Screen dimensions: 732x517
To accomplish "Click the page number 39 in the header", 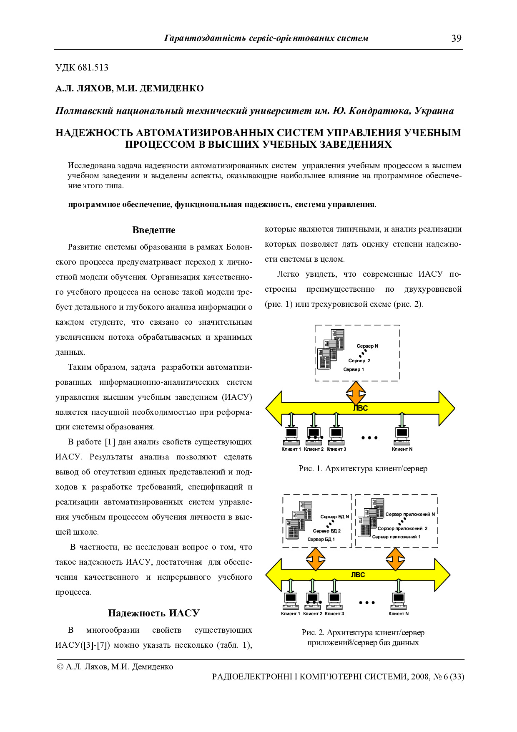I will tap(456, 38).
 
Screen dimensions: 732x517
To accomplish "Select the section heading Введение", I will tap(154, 230).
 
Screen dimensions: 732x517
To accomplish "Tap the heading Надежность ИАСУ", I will tap(154, 613).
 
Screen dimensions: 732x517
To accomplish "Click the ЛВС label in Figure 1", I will tap(360, 408).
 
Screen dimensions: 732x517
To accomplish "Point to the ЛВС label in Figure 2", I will tap(358, 575).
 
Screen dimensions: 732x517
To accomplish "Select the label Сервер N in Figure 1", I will tap(367, 346).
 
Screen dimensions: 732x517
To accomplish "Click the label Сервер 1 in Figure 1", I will tap(354, 369).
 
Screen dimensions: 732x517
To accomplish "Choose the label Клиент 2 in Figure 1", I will tap(314, 449).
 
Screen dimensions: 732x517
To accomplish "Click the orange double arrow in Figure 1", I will tap(356, 393).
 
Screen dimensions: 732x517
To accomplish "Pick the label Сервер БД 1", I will tap(321, 539).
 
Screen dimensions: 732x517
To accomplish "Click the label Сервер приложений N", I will tap(410, 514).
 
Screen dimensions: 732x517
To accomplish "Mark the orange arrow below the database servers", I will tap(316, 558).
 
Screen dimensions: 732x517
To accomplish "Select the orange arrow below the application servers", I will tap(395, 558).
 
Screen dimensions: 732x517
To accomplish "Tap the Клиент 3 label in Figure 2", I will tap(334, 614).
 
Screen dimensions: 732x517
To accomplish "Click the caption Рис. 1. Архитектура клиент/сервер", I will tap(363, 469).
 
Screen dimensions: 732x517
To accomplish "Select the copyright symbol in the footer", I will tap(60, 667).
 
